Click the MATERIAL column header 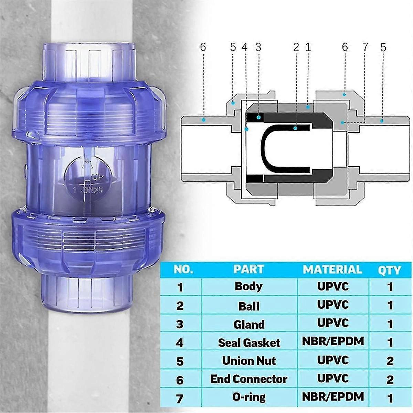pyautogui.click(x=332, y=269)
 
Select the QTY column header pyautogui.click(x=390, y=270)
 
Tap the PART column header pyautogui.click(x=248, y=269)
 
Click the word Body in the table pyautogui.click(x=248, y=286)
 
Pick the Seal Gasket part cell pyautogui.click(x=249, y=342)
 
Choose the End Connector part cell pyautogui.click(x=248, y=379)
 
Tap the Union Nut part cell pyautogui.click(x=249, y=361)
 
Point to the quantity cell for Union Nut pyautogui.click(x=390, y=361)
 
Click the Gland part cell pyautogui.click(x=249, y=324)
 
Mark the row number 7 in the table pyautogui.click(x=180, y=398)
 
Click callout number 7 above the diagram pyautogui.click(x=365, y=47)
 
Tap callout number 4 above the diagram pyautogui.click(x=245, y=47)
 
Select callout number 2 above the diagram pyautogui.click(x=296, y=47)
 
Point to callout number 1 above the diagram pyautogui.click(x=308, y=47)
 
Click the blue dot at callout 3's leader pyautogui.click(x=258, y=118)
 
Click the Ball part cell pyautogui.click(x=248, y=306)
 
